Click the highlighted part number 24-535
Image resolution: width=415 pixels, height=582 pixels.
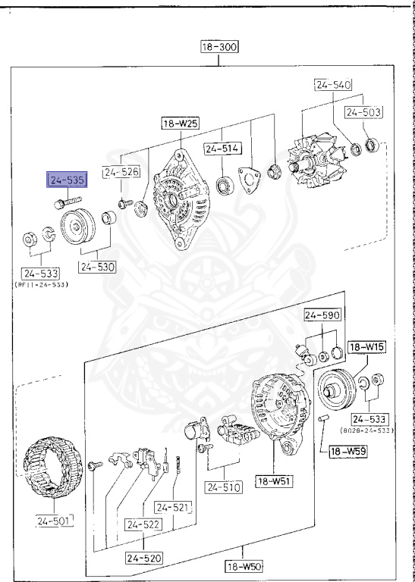click(68, 180)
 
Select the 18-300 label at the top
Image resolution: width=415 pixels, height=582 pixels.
click(219, 47)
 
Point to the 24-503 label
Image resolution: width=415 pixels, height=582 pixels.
click(363, 113)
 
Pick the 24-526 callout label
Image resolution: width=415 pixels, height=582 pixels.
click(121, 172)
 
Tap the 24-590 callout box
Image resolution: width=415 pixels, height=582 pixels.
click(322, 314)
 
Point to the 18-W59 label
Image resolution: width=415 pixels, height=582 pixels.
click(351, 452)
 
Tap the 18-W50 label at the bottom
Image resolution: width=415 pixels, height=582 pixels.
click(243, 566)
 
